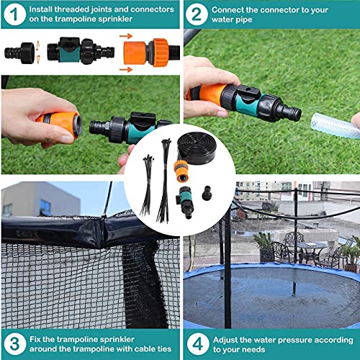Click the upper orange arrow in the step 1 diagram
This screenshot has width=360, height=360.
point(124,35)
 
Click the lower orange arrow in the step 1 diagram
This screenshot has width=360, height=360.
point(124,69)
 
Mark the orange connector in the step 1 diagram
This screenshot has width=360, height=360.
point(154,53)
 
